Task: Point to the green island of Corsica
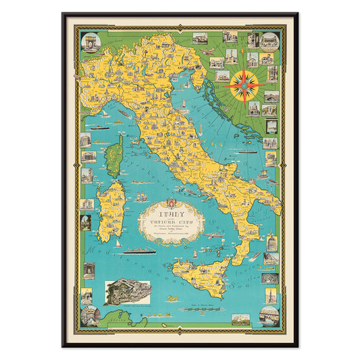click(x=112, y=155)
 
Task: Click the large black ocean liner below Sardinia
click(x=139, y=251)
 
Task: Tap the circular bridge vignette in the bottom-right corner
click(x=269, y=315)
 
